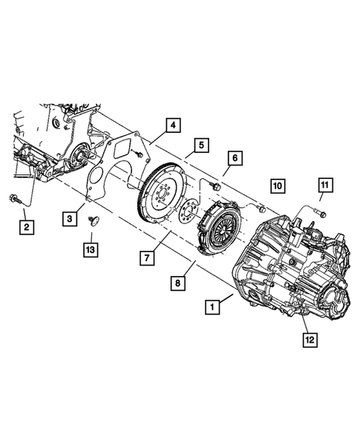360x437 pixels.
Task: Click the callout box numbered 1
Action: pos(212,306)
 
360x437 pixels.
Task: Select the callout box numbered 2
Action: pos(26,225)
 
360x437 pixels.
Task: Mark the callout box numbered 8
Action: pos(178,282)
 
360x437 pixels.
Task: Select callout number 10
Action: pos(277,185)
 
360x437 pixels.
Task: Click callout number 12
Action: pos(309,340)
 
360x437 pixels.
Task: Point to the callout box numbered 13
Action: pos(90,250)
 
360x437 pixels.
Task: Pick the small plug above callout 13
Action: pos(91,220)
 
